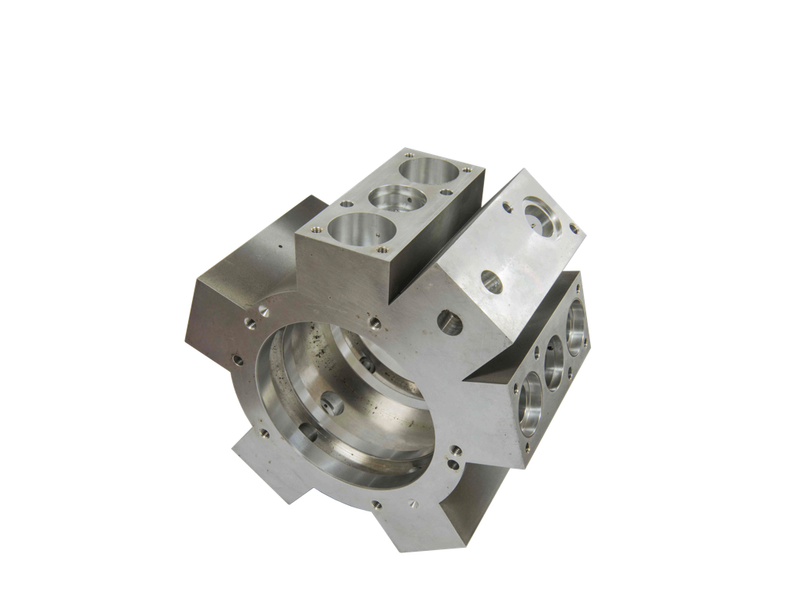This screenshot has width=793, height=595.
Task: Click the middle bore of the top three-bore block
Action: (393, 198)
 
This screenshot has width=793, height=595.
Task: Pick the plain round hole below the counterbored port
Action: (491, 281)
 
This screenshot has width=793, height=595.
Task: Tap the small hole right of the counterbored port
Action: (573, 227)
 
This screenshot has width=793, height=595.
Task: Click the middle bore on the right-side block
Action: (554, 363)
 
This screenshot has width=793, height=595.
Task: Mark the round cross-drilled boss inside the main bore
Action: (331, 403)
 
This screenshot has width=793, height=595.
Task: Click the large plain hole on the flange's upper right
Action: (450, 322)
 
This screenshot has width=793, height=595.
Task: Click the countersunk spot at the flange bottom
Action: (413, 504)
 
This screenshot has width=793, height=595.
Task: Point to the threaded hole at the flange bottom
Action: (377, 504)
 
